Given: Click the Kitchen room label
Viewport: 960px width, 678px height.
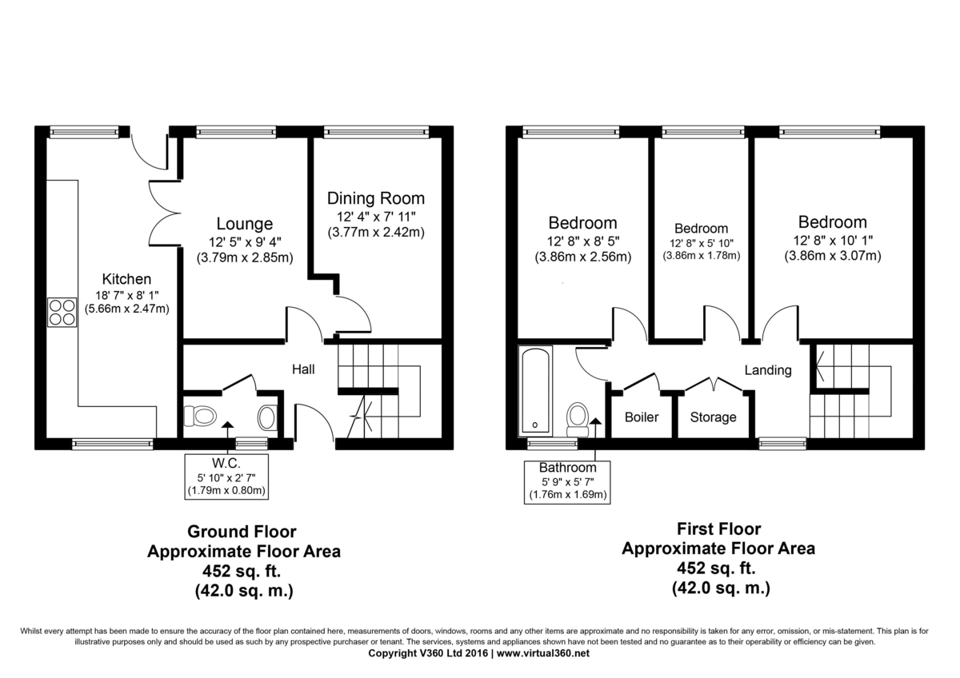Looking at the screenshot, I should click(x=126, y=279).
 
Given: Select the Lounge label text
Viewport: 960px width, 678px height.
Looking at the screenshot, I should click(x=245, y=224).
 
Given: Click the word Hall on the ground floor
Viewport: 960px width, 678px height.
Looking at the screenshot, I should click(x=303, y=369).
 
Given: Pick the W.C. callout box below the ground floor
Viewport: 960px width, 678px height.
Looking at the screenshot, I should click(x=226, y=477).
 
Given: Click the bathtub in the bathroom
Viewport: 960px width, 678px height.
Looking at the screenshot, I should click(x=534, y=390).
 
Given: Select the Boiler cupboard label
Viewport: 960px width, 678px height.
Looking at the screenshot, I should click(x=642, y=417).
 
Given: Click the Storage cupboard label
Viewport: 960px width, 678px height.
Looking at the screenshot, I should click(x=713, y=417).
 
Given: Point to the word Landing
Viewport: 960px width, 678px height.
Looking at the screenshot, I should click(x=767, y=370).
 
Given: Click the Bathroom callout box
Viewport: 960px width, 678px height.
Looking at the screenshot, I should click(x=567, y=481).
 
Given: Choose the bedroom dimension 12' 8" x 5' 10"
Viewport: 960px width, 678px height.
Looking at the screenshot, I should click(x=701, y=243).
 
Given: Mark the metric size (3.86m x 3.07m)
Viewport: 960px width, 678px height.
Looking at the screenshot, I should click(x=832, y=256).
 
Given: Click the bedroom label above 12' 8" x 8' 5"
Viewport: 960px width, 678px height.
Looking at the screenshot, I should click(x=582, y=222).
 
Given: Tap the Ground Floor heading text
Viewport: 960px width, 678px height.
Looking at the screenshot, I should click(x=242, y=532).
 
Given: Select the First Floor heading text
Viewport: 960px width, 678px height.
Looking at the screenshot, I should click(x=718, y=528).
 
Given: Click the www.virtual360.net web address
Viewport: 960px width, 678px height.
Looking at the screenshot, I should click(x=543, y=653).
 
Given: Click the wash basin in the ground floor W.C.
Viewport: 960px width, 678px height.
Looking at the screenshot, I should click(x=267, y=417).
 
